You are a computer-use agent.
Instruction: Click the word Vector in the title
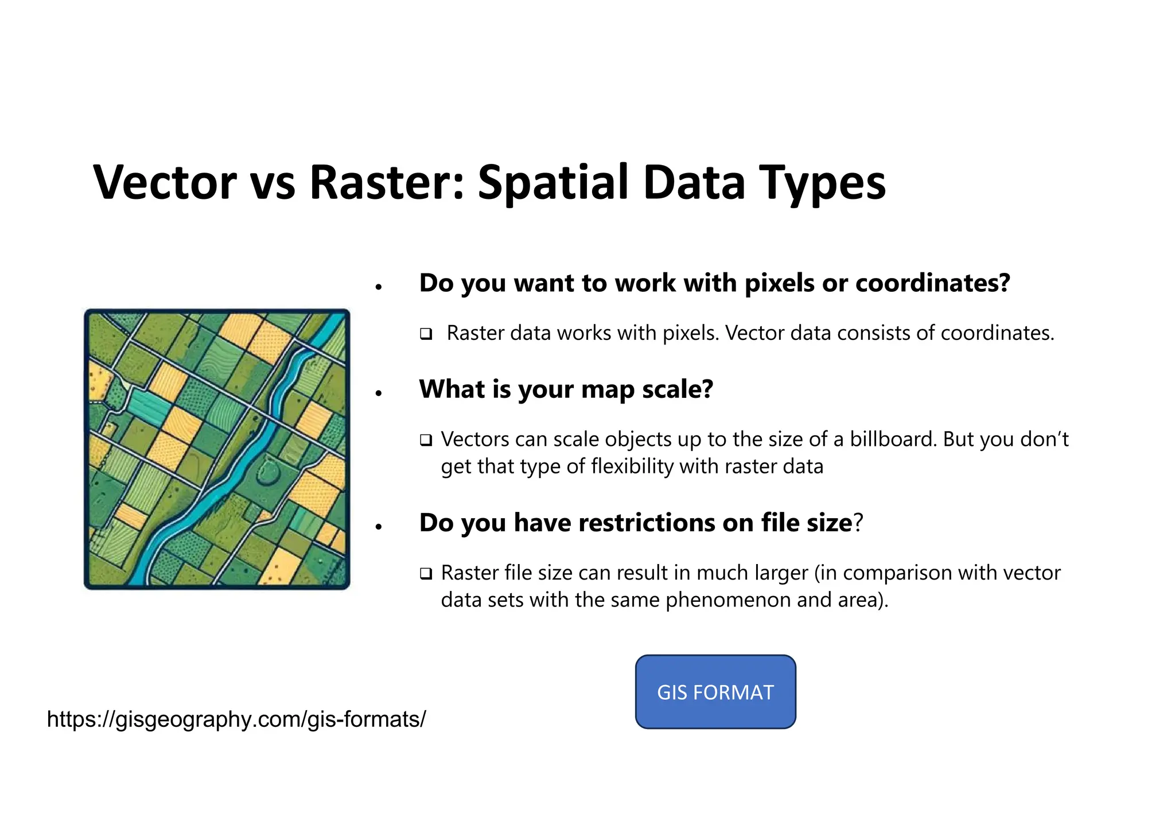[x=165, y=182]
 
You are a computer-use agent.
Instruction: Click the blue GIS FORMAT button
[x=715, y=692]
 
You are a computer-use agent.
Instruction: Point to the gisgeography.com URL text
[x=236, y=719]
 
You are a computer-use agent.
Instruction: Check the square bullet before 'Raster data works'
[x=426, y=334]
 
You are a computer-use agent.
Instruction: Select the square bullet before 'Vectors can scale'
[x=426, y=440]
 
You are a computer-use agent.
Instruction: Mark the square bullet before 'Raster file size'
[x=426, y=573]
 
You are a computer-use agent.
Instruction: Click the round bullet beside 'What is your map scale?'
[x=378, y=393]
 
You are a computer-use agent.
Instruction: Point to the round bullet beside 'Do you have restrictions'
[x=378, y=527]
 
